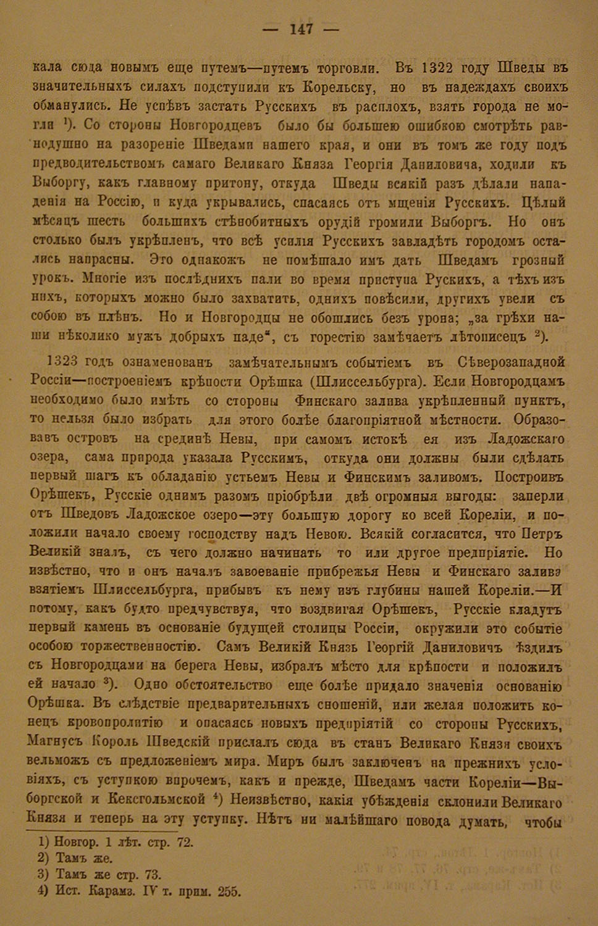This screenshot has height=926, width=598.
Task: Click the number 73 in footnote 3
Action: [153, 875]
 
